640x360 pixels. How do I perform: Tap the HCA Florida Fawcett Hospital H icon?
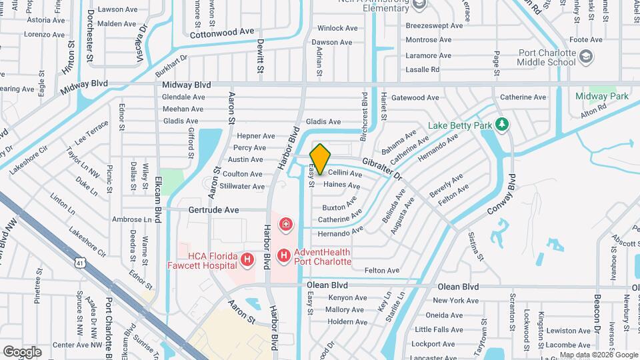tap(247, 259)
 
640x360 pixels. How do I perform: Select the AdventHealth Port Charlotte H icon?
tap(283, 255)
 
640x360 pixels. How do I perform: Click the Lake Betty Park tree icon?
tap(502, 124)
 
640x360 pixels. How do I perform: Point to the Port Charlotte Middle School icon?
tap(584, 57)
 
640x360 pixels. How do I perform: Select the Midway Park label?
tap(603, 97)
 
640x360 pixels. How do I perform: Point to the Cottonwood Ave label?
tap(222, 31)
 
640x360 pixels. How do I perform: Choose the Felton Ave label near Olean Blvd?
tap(382, 271)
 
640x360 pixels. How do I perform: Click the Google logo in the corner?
tap(22, 351)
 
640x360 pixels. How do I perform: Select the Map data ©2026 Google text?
tap(599, 355)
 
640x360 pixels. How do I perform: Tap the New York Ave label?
tap(457, 301)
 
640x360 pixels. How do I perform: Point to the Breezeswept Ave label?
tap(434, 25)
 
